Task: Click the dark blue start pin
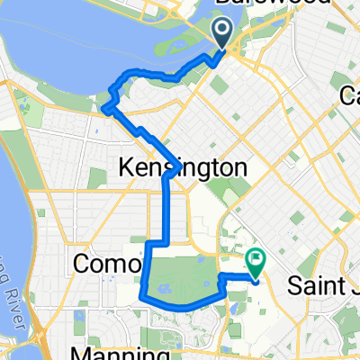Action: click(x=223, y=33)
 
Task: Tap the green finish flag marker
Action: click(x=255, y=262)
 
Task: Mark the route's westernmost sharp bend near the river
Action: click(x=104, y=110)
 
